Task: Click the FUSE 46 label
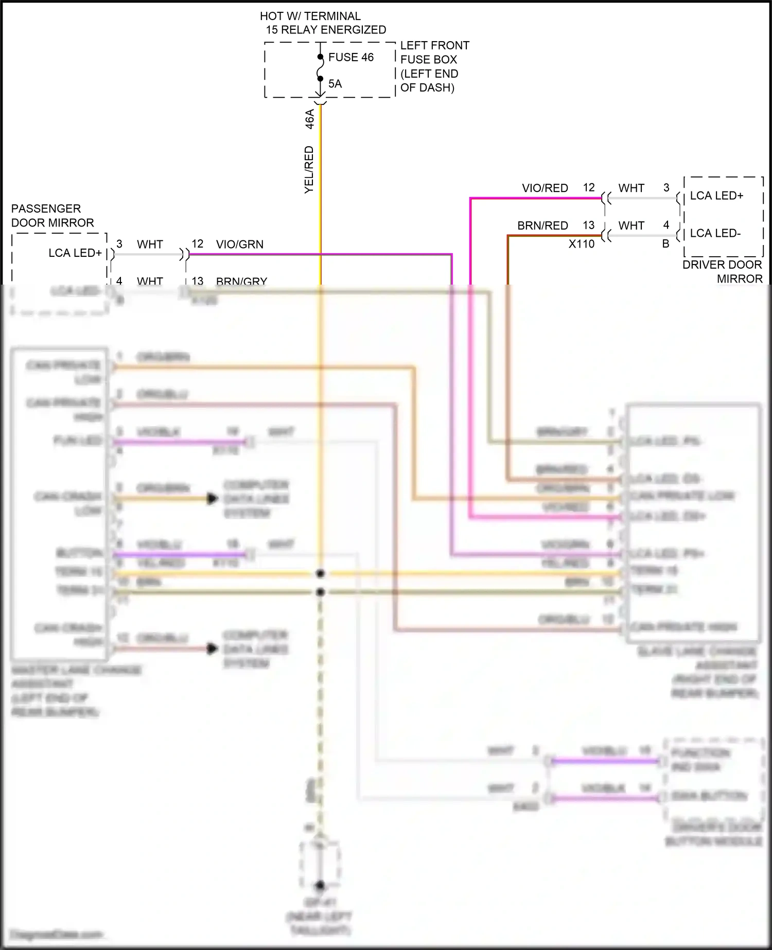(x=350, y=57)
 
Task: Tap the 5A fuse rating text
(x=335, y=83)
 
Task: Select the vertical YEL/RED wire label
(x=309, y=170)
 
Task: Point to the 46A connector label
(x=309, y=119)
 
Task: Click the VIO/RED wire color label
(x=545, y=188)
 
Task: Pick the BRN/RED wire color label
(x=542, y=225)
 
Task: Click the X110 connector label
(x=582, y=244)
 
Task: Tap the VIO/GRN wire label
(x=240, y=244)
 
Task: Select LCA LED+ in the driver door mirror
(x=716, y=196)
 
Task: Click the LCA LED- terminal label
(x=715, y=233)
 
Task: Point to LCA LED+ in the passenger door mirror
(x=75, y=253)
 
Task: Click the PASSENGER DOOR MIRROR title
(x=52, y=216)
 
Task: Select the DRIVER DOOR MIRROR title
(x=722, y=271)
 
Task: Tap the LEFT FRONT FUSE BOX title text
(x=434, y=66)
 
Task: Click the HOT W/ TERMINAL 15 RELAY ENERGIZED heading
(x=323, y=23)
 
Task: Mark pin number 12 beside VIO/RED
(x=589, y=188)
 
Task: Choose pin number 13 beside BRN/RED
(x=588, y=225)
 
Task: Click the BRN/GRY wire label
(x=241, y=281)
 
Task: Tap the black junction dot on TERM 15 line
(x=320, y=573)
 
